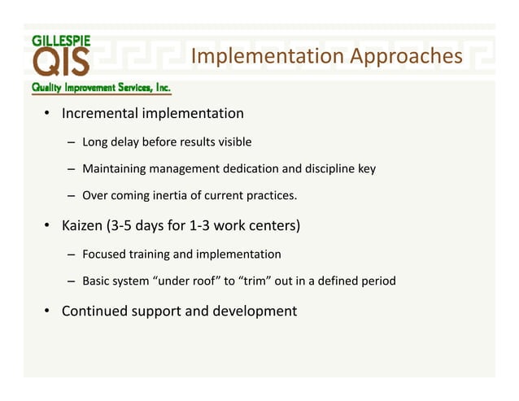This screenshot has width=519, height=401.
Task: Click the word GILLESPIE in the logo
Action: pos(62,38)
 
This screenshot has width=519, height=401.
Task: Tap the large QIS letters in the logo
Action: pos(62,63)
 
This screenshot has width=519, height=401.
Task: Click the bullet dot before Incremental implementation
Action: pos(48,113)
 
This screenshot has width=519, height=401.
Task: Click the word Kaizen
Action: pos(85,224)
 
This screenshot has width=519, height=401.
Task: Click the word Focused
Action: pos(104,255)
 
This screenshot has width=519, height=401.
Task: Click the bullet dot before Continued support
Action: pos(48,312)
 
